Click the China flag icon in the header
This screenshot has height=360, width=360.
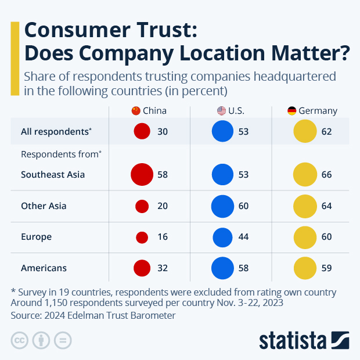(136, 111)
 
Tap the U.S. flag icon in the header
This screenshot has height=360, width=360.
(221, 111)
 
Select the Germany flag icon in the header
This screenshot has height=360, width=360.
(292, 111)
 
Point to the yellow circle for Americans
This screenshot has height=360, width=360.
(304, 268)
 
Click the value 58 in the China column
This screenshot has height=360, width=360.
(163, 175)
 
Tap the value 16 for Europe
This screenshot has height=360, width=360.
(163, 237)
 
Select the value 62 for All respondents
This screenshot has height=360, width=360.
(326, 132)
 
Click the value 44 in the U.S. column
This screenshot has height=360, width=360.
(243, 237)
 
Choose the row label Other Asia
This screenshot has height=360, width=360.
(44, 206)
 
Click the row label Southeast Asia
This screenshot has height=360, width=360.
(53, 175)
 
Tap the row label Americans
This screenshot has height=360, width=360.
(44, 268)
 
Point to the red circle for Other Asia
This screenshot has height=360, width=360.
(142, 206)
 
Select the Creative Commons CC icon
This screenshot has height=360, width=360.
(20, 340)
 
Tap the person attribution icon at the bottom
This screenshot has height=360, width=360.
(41, 340)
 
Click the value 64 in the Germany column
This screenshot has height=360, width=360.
(326, 206)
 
